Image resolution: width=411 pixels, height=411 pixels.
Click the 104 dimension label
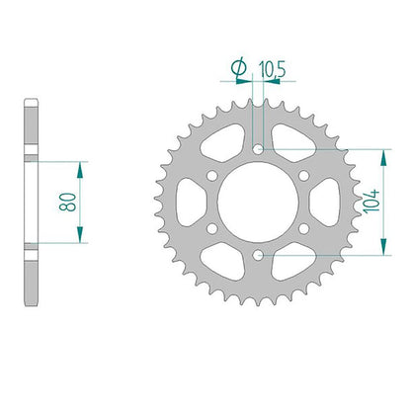pos(372,202)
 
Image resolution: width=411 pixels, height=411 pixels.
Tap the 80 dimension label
pos(67,202)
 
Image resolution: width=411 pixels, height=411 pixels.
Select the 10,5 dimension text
pos(272,69)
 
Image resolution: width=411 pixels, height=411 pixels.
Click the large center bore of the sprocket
pos(258,203)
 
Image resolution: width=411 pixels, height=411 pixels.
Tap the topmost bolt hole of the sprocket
pos(258,149)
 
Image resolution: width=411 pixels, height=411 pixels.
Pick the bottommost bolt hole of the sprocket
pos(258,255)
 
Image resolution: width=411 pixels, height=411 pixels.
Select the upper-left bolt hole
pos(212,176)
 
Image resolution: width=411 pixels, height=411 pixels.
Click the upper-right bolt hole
pos(303,176)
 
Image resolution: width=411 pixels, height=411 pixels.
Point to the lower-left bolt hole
pos(212,228)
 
